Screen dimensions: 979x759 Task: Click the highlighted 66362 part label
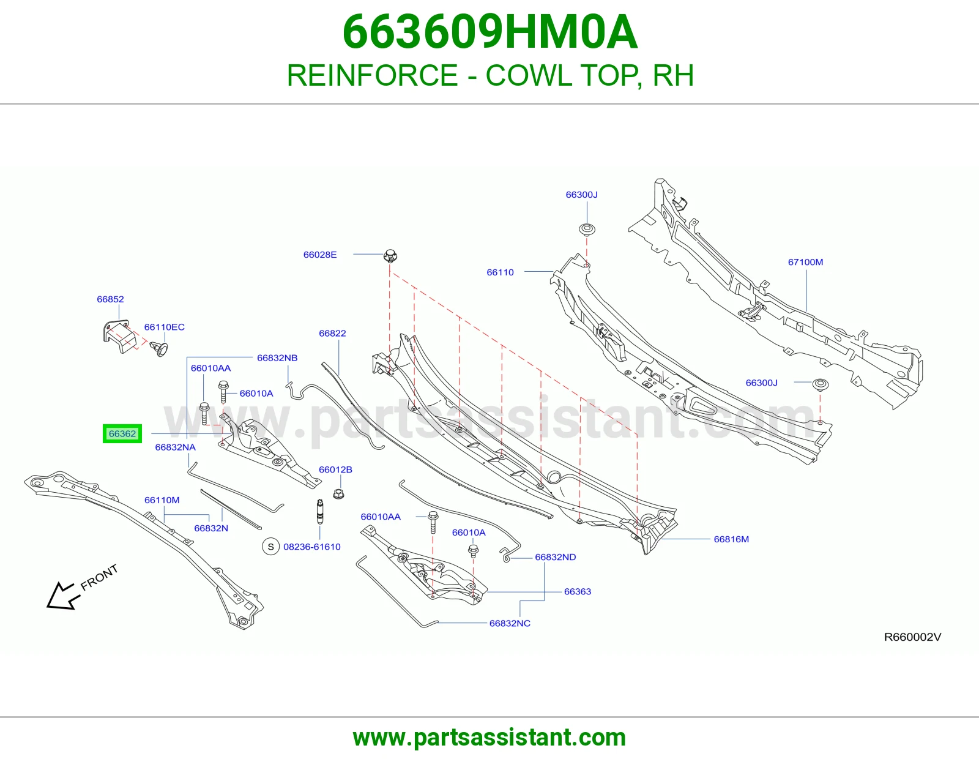122,433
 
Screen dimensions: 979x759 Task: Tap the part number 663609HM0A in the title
489,32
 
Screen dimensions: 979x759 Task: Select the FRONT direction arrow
63,596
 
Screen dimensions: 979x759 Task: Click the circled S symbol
271,547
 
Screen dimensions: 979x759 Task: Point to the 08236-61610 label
312,547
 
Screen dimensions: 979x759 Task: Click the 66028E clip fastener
390,256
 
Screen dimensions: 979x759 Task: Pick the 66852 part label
110,299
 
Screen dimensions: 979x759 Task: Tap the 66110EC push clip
159,348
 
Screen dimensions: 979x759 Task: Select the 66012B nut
338,493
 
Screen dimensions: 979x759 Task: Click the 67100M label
806,262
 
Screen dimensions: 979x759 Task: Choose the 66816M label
731,539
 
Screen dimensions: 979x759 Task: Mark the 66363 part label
578,591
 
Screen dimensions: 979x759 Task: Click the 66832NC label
510,623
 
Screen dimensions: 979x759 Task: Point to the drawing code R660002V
913,637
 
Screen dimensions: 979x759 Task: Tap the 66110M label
162,500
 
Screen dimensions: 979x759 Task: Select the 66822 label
332,333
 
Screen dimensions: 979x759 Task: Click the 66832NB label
277,358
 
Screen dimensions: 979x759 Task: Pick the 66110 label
500,272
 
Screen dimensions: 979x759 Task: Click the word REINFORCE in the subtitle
373,75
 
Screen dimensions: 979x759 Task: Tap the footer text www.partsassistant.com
489,738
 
